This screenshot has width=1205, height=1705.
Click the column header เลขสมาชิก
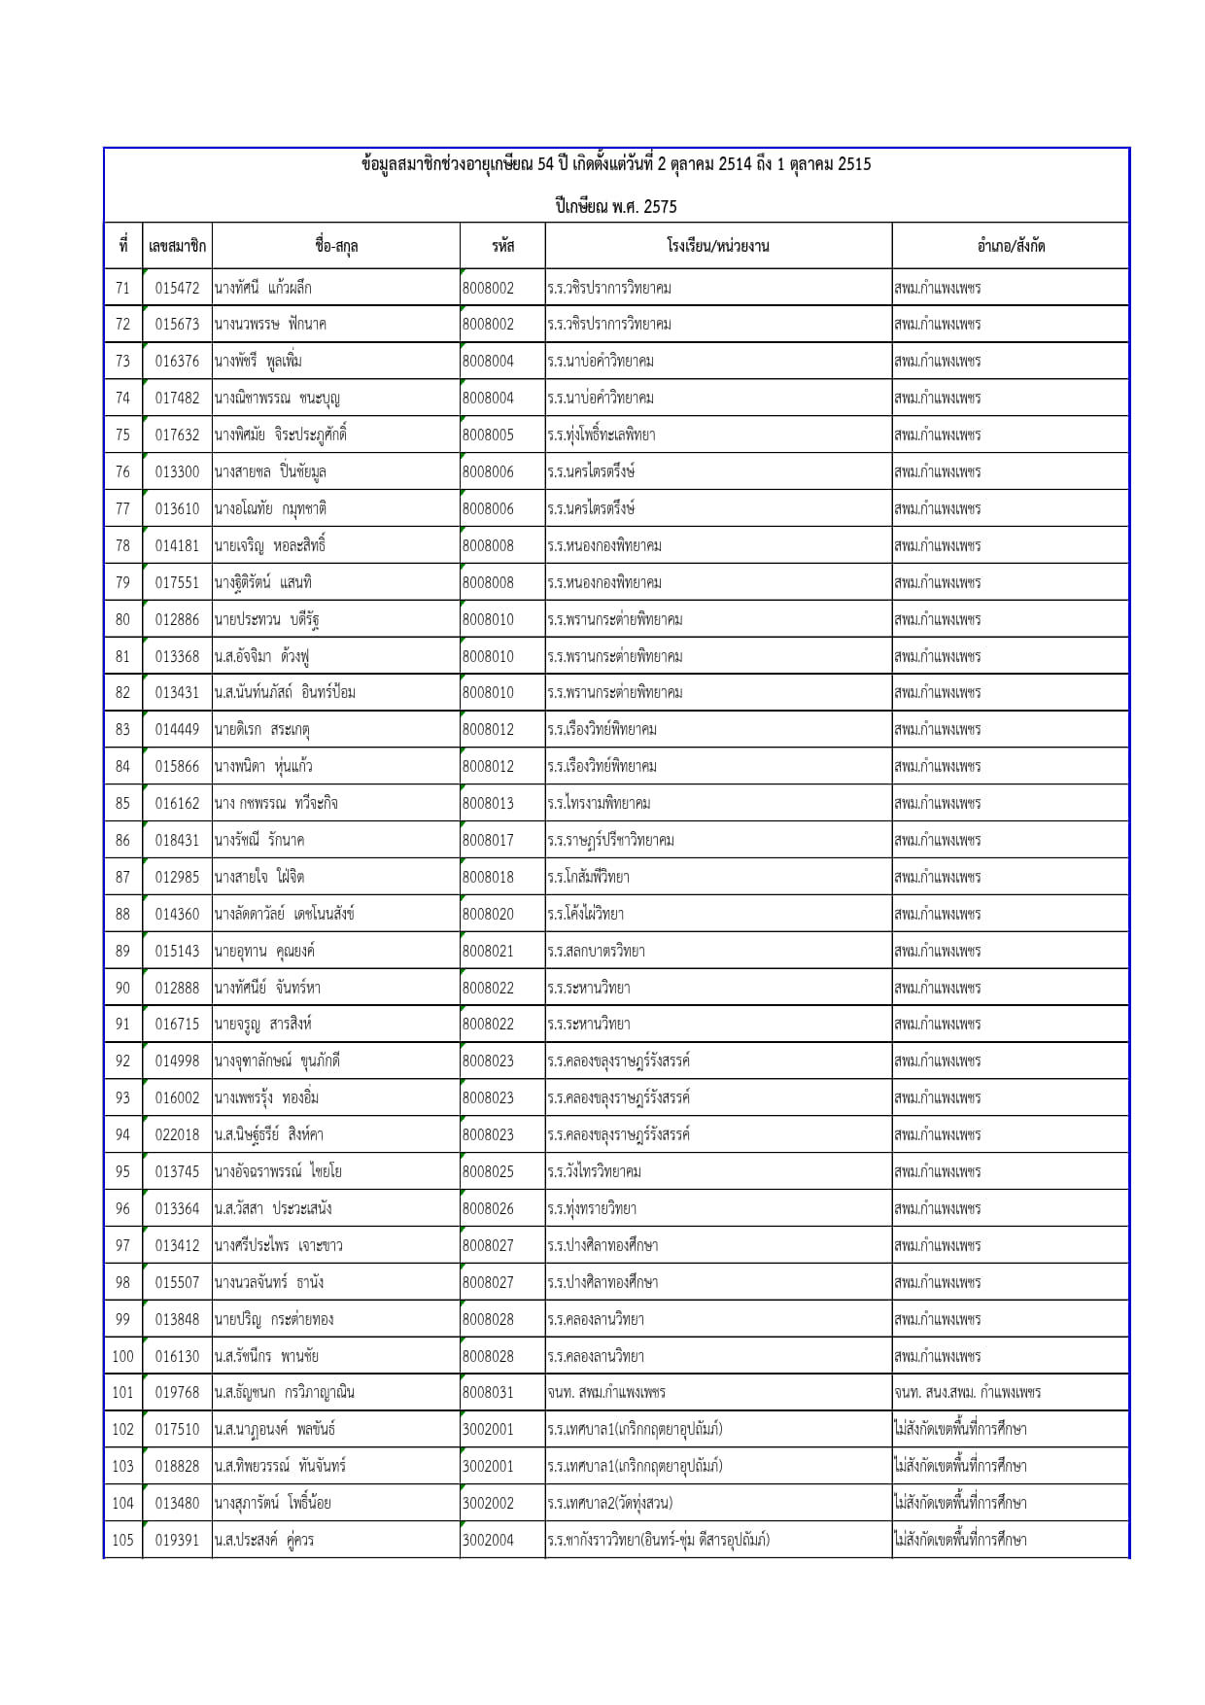point(177,246)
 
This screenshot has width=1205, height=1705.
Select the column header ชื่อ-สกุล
point(336,246)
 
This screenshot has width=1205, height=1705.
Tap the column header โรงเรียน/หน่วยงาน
point(718,246)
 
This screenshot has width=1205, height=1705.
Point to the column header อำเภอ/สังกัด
point(1011,246)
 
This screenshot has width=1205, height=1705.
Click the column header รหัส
point(502,246)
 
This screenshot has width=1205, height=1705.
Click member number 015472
point(177,288)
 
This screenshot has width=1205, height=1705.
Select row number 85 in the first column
point(122,803)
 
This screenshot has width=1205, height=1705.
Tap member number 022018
point(177,1134)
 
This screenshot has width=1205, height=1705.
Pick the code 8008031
point(488,1392)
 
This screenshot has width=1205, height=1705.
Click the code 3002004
point(488,1540)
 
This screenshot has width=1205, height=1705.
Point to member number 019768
point(177,1392)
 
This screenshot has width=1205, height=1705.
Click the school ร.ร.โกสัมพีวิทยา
point(589,877)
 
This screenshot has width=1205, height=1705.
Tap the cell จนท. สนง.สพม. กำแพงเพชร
point(968,1392)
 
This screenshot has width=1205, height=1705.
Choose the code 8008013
point(488,803)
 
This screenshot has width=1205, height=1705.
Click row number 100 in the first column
point(122,1356)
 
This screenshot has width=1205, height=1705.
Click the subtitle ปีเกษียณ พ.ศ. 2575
point(616,206)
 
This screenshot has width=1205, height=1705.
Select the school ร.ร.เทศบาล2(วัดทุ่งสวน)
point(610,1503)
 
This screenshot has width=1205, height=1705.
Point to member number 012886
point(177,619)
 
